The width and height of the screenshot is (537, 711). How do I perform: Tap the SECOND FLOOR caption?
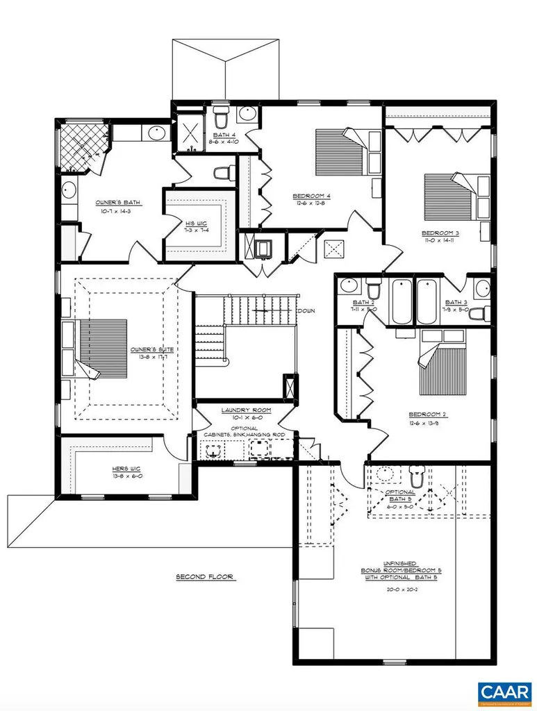pos(204,576)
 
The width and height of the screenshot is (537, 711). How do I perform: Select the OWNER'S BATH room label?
pos(118,203)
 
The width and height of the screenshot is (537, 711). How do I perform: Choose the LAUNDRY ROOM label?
pos(246,410)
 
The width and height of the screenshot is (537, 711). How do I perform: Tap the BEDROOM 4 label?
pos(311,196)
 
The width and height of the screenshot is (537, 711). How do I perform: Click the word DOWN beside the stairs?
pos(307,311)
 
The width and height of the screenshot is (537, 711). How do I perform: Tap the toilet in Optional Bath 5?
pos(417,478)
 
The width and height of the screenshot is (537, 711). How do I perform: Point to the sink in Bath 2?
pos(349,285)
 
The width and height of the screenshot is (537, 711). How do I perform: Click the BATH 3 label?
pos(456,302)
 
